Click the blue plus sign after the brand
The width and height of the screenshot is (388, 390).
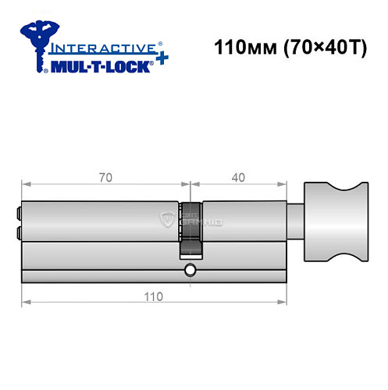click(x=160, y=60)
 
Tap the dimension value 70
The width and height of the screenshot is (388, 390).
click(x=106, y=177)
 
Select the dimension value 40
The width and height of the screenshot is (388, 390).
click(x=238, y=177)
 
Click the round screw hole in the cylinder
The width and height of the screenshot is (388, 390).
click(x=190, y=271)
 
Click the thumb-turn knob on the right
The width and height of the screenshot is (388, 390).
click(x=333, y=220)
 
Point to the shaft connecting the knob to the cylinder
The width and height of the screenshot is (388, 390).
click(x=294, y=221)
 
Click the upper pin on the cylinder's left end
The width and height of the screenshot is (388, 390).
click(x=17, y=211)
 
